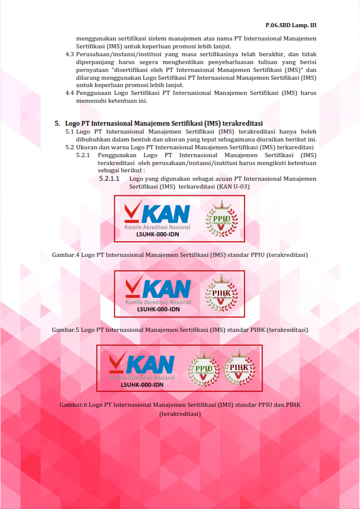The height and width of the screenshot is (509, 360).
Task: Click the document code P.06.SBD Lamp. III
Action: [291, 26]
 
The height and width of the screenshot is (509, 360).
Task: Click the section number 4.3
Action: [70, 54]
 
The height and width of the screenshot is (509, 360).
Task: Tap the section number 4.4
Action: [70, 93]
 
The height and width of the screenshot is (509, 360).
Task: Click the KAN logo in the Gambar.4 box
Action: [157, 215]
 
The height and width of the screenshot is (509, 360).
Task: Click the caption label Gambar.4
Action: [65, 255]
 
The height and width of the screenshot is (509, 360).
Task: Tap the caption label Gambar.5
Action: [65, 330]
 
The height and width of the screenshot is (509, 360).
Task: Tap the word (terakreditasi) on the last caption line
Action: [180, 415]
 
